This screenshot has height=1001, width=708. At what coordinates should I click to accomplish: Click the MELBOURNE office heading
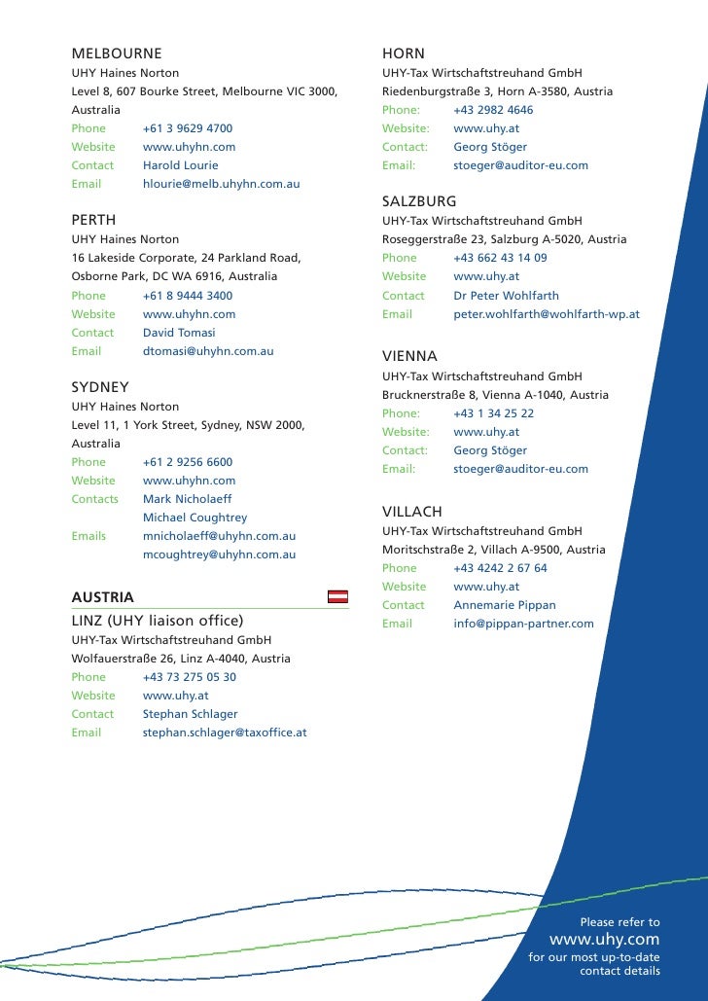(x=117, y=53)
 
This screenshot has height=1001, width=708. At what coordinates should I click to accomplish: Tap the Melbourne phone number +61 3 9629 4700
(x=188, y=128)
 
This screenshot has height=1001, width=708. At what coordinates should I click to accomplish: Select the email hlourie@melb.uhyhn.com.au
(x=221, y=184)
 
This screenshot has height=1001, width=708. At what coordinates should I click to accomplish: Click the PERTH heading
(x=93, y=220)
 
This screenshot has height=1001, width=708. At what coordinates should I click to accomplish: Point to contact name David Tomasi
(x=179, y=333)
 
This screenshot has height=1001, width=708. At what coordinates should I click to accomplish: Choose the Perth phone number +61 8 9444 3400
(x=188, y=296)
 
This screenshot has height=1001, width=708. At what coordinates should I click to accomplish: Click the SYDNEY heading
(x=100, y=386)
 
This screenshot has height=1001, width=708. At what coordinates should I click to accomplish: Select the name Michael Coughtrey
(x=195, y=518)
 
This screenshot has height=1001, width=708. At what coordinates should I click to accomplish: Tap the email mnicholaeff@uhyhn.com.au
(x=219, y=536)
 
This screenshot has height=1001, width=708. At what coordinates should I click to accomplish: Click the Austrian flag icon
(x=336, y=596)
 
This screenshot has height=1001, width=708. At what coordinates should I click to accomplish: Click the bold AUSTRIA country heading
(x=103, y=596)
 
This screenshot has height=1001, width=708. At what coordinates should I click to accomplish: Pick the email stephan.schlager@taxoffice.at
(x=225, y=733)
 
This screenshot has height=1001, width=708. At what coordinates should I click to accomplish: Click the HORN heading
(x=404, y=53)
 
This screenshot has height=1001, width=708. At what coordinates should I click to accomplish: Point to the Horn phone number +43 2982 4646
(x=493, y=110)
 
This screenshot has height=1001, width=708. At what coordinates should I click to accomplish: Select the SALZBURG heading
(x=419, y=200)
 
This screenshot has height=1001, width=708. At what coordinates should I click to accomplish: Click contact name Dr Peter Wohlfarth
(x=506, y=296)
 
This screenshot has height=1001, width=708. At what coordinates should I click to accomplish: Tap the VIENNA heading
(x=409, y=356)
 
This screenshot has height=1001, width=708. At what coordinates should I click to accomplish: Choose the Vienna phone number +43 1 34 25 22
(x=493, y=413)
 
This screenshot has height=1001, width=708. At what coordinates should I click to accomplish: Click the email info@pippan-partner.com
(x=523, y=624)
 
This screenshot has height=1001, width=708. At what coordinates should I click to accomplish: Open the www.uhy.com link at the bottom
(x=604, y=940)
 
